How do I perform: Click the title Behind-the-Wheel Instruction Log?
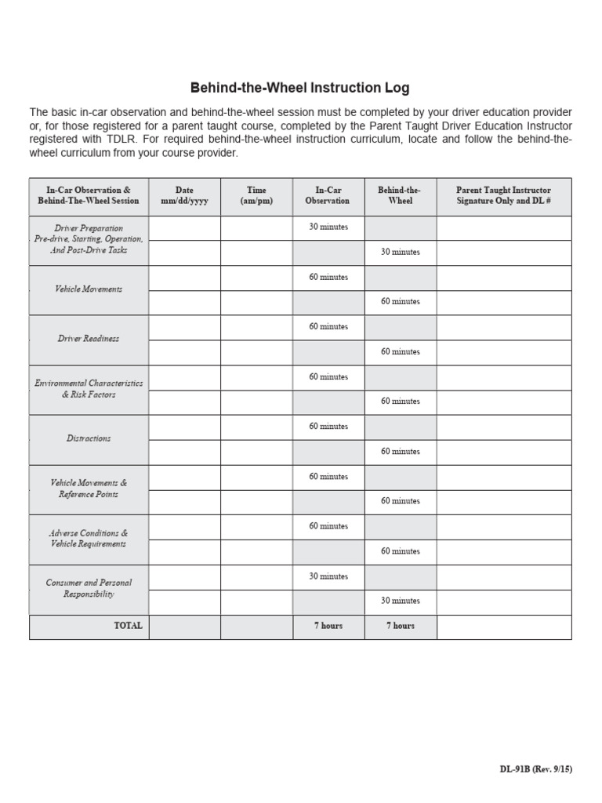pyautogui.click(x=300, y=88)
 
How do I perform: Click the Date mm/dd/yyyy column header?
pyautogui.click(x=184, y=195)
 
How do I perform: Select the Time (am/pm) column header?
pyautogui.click(x=256, y=195)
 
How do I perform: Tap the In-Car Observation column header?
pyautogui.click(x=328, y=195)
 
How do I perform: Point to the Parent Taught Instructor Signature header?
pyautogui.click(x=503, y=195)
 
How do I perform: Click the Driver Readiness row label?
pyautogui.click(x=89, y=339)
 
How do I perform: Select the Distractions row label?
pyautogui.click(x=89, y=438)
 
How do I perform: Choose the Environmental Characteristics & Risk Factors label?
pyautogui.click(x=89, y=389)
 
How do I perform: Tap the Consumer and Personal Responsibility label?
pyautogui.click(x=89, y=588)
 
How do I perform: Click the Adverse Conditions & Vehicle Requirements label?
pyautogui.click(x=89, y=538)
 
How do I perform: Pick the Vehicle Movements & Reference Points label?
pyautogui.click(x=89, y=489)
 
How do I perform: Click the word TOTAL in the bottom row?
pyautogui.click(x=128, y=626)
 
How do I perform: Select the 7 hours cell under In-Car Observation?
pyautogui.click(x=328, y=626)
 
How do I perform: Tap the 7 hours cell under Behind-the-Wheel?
pyautogui.click(x=400, y=626)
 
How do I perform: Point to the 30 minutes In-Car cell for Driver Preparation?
pyautogui.click(x=328, y=227)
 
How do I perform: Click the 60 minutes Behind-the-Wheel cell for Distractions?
pyautogui.click(x=400, y=452)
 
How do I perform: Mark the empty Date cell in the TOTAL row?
pyautogui.click(x=184, y=627)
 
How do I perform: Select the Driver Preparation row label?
pyautogui.click(x=89, y=239)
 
